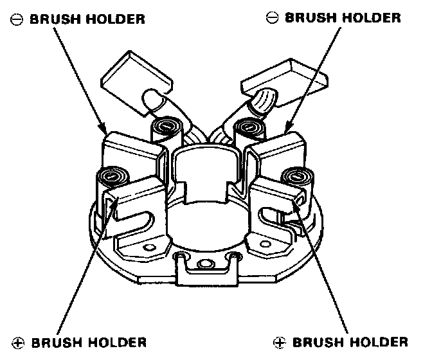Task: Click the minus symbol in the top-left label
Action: (15, 20)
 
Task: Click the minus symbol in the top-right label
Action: (272, 18)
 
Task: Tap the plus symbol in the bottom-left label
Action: (17, 341)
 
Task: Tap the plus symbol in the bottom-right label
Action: (278, 341)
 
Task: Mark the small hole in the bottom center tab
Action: (206, 263)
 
